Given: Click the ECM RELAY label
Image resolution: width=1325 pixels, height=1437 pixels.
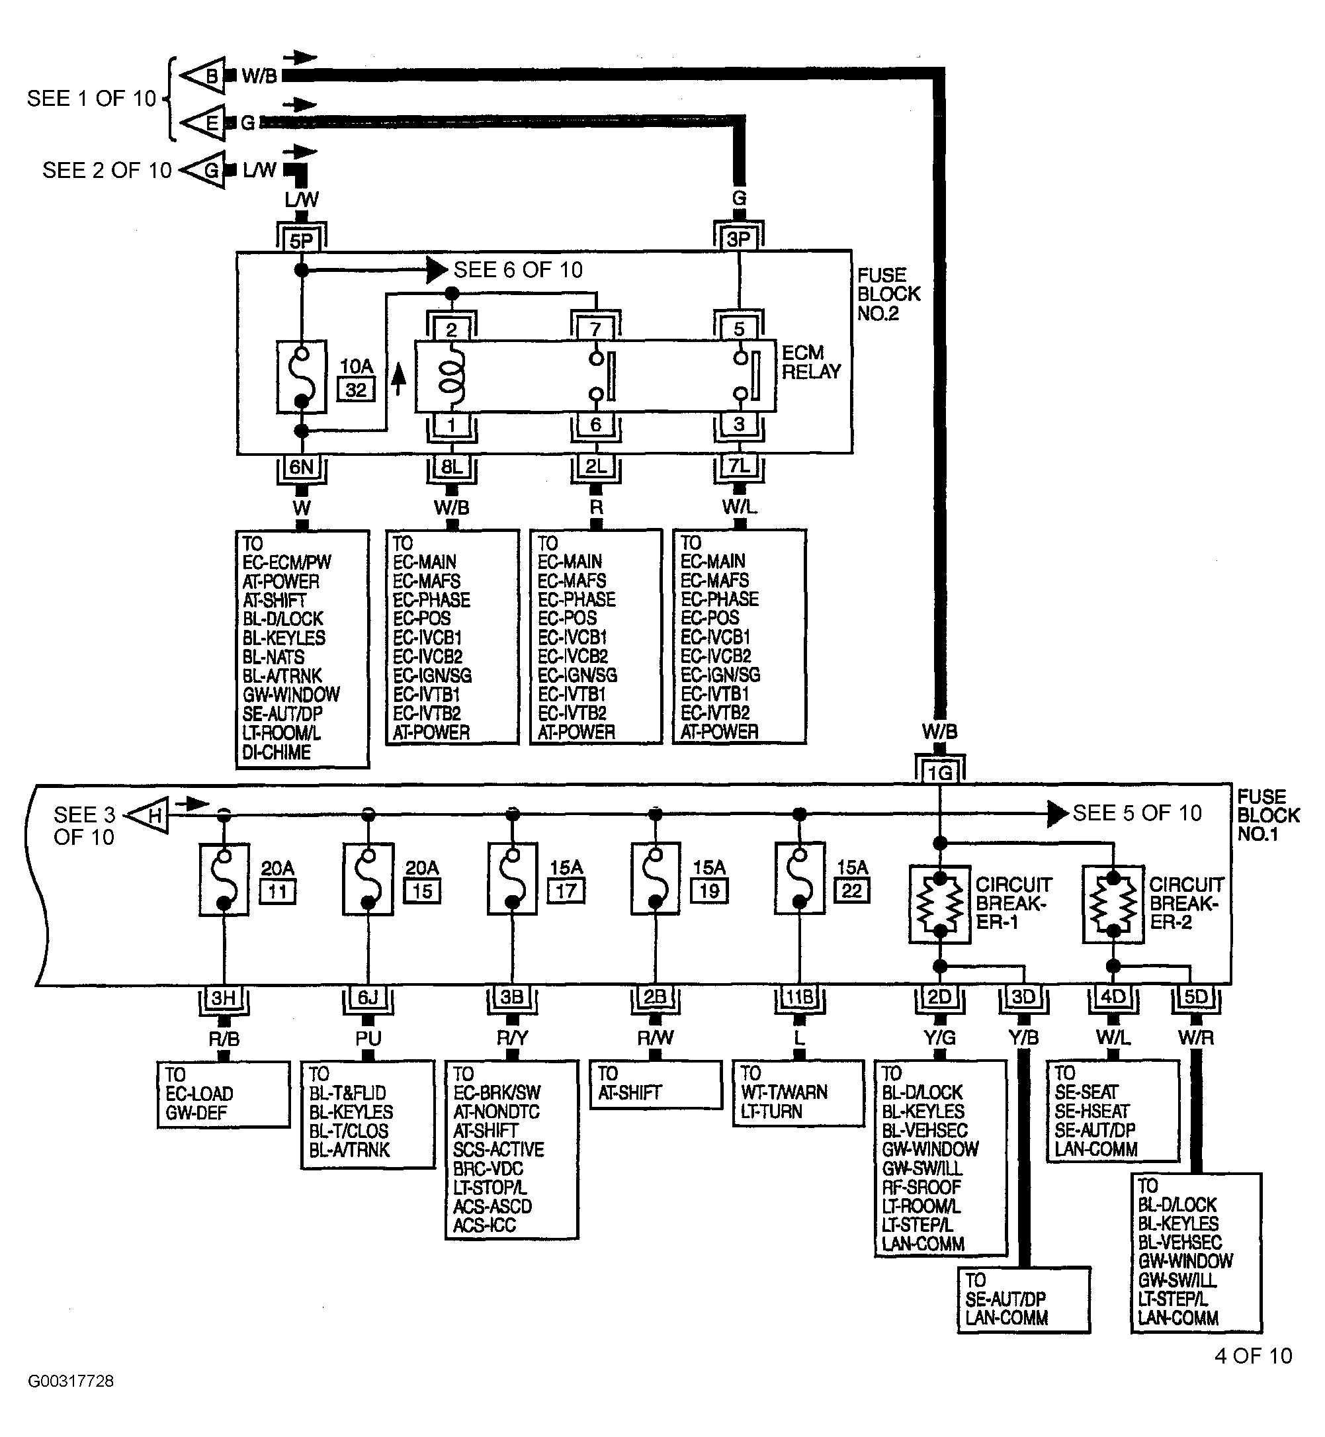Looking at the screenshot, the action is pyautogui.click(x=810, y=362).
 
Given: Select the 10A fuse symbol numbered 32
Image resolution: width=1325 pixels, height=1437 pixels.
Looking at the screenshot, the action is pyautogui.click(x=302, y=377).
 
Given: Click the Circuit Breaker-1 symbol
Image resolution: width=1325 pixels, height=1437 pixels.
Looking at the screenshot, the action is pyautogui.click(x=940, y=904).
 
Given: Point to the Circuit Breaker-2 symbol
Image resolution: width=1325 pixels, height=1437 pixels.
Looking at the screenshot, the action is pyautogui.click(x=1113, y=904).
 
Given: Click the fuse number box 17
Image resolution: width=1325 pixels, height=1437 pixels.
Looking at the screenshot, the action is pyautogui.click(x=566, y=891).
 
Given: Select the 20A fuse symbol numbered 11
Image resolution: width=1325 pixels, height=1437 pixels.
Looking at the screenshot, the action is pyautogui.click(x=224, y=879).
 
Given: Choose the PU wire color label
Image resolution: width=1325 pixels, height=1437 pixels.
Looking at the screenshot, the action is pyautogui.click(x=368, y=1038).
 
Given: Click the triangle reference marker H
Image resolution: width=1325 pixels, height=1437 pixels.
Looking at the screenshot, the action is pyautogui.click(x=148, y=815).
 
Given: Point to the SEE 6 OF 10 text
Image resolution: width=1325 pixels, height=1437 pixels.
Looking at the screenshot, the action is pyautogui.click(x=519, y=270).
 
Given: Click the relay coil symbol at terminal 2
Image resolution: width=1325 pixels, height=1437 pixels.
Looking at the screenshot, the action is pyautogui.click(x=452, y=376).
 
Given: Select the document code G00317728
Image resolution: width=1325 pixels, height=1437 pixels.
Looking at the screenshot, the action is pyautogui.click(x=71, y=1381).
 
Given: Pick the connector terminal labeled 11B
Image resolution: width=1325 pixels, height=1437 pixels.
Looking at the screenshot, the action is pyautogui.click(x=800, y=998).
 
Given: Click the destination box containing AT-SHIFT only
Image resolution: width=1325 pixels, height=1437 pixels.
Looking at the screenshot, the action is pyautogui.click(x=656, y=1085).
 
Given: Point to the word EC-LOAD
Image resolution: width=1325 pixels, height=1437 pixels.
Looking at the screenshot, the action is pyautogui.click(x=199, y=1094).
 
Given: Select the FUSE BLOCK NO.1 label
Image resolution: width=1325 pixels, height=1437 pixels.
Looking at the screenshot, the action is pyautogui.click(x=1268, y=815).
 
